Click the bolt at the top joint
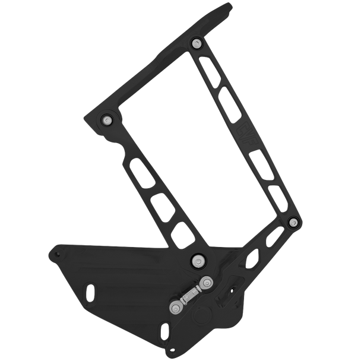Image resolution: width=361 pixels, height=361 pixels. click(197, 43)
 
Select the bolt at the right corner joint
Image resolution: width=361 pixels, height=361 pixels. click(292, 222)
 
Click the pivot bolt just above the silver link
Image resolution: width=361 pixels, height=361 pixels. click(197, 259)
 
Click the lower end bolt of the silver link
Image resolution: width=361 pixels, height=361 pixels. click(175, 308)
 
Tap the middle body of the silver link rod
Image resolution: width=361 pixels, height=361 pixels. click(189, 295)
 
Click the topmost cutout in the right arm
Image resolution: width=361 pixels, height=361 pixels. click(207, 65)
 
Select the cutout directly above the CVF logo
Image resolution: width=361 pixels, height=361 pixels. click(227, 96)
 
